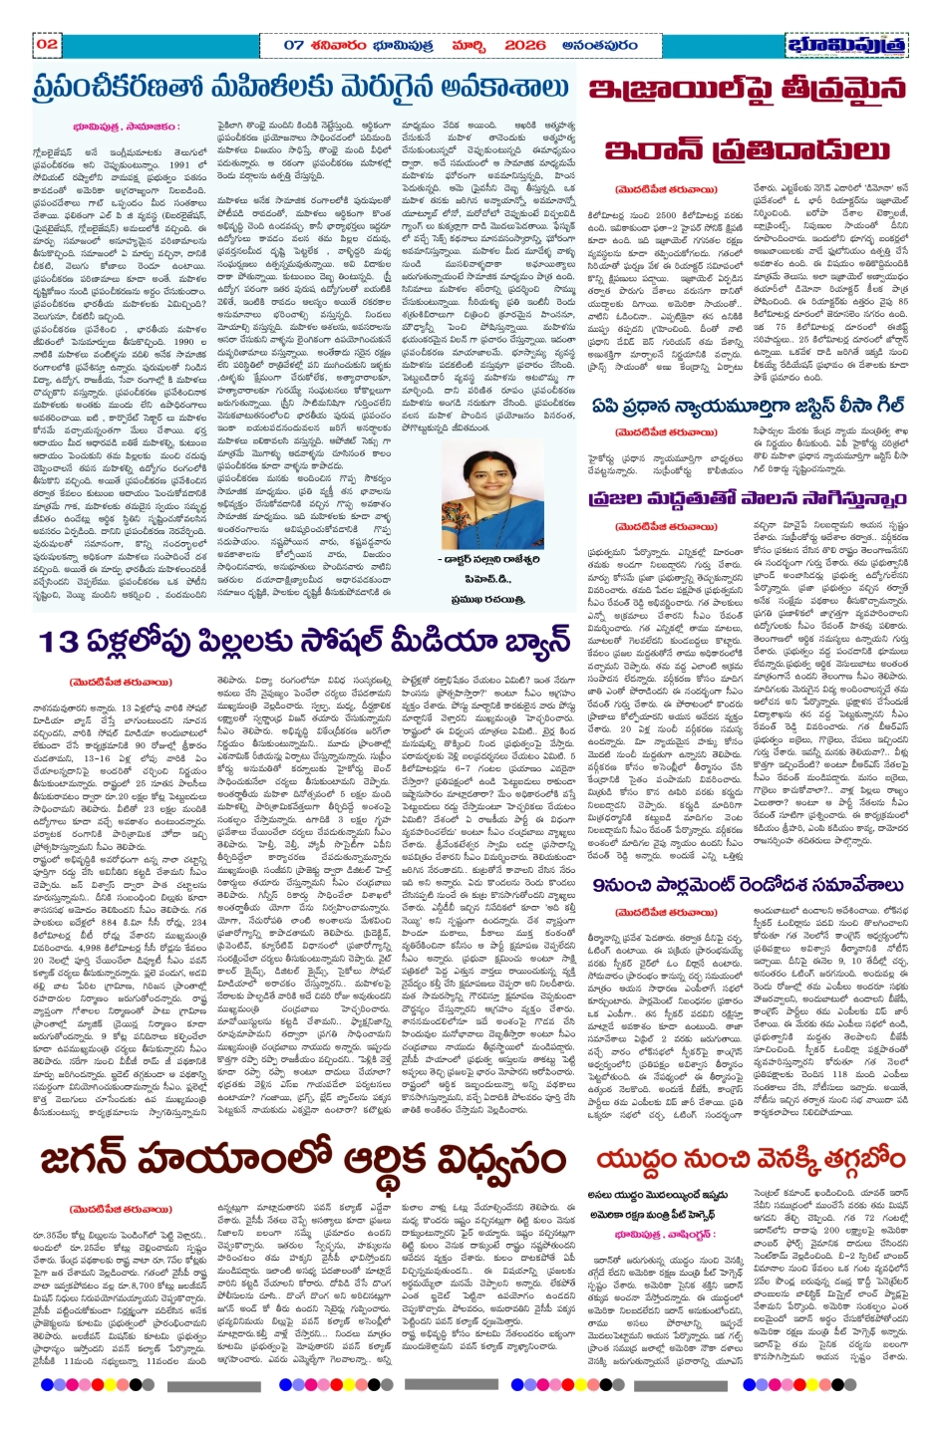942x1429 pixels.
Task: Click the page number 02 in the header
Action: click(x=47, y=44)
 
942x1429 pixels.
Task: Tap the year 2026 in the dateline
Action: click(x=524, y=45)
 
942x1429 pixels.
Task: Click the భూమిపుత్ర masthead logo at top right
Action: click(x=846, y=46)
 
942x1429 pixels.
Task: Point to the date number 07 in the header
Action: click(x=293, y=45)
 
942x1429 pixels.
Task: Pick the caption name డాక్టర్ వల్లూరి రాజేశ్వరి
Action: click(x=492, y=559)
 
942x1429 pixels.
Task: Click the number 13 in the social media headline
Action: click(x=61, y=641)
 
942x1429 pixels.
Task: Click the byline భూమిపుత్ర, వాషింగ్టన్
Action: click(x=664, y=1234)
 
